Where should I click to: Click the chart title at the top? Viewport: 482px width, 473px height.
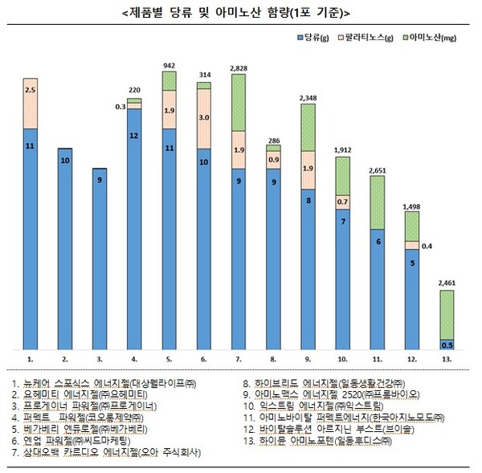pos(240,12)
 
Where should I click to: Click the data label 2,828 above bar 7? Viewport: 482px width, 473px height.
pos(239,69)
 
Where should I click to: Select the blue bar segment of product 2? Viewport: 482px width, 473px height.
pos(64,249)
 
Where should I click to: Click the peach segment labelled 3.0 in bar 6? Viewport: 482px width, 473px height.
pos(204,117)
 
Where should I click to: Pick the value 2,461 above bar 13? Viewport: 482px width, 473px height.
pos(448,283)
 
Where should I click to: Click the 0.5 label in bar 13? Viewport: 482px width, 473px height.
pos(448,345)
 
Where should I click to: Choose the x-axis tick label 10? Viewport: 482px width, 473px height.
pos(342,359)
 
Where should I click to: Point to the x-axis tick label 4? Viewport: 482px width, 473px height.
pos(134,359)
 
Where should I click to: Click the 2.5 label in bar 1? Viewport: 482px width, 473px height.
pos(31,90)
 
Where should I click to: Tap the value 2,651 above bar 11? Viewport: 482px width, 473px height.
pos(378,169)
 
